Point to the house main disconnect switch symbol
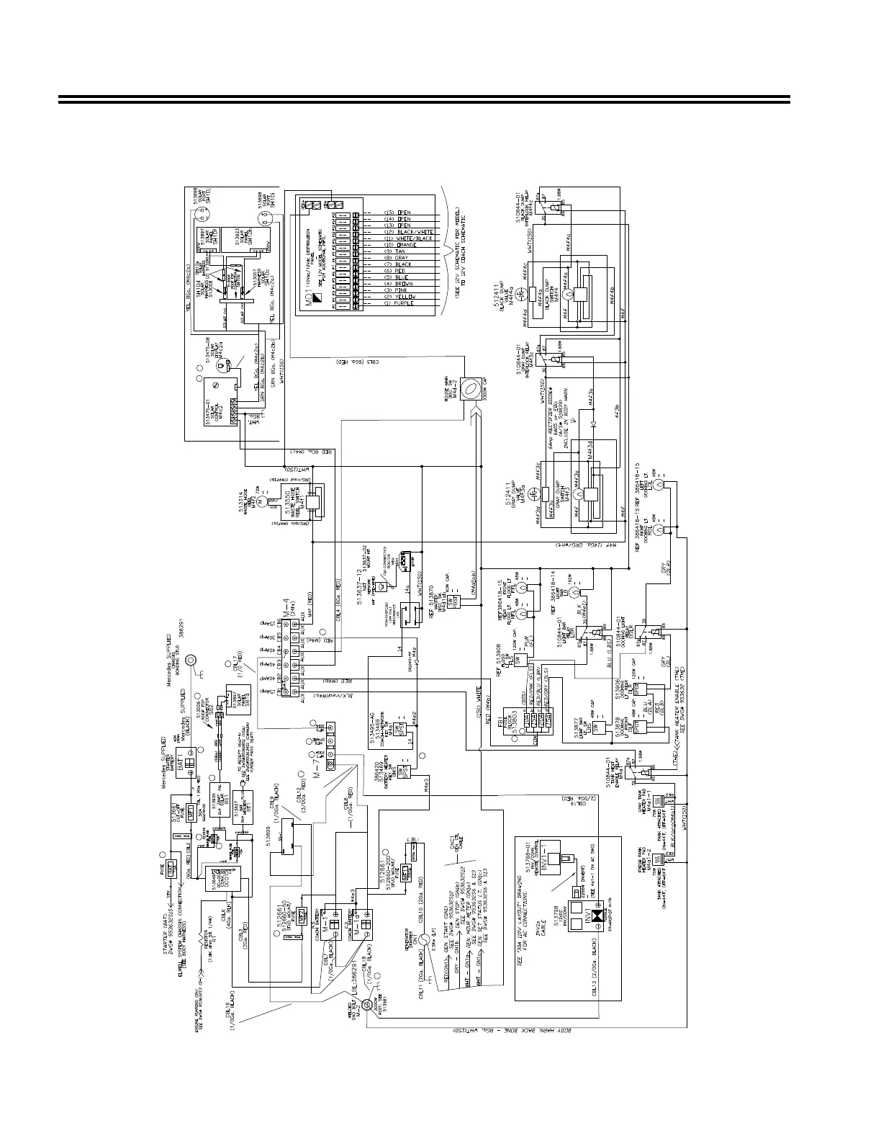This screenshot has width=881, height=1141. point(469,389)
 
